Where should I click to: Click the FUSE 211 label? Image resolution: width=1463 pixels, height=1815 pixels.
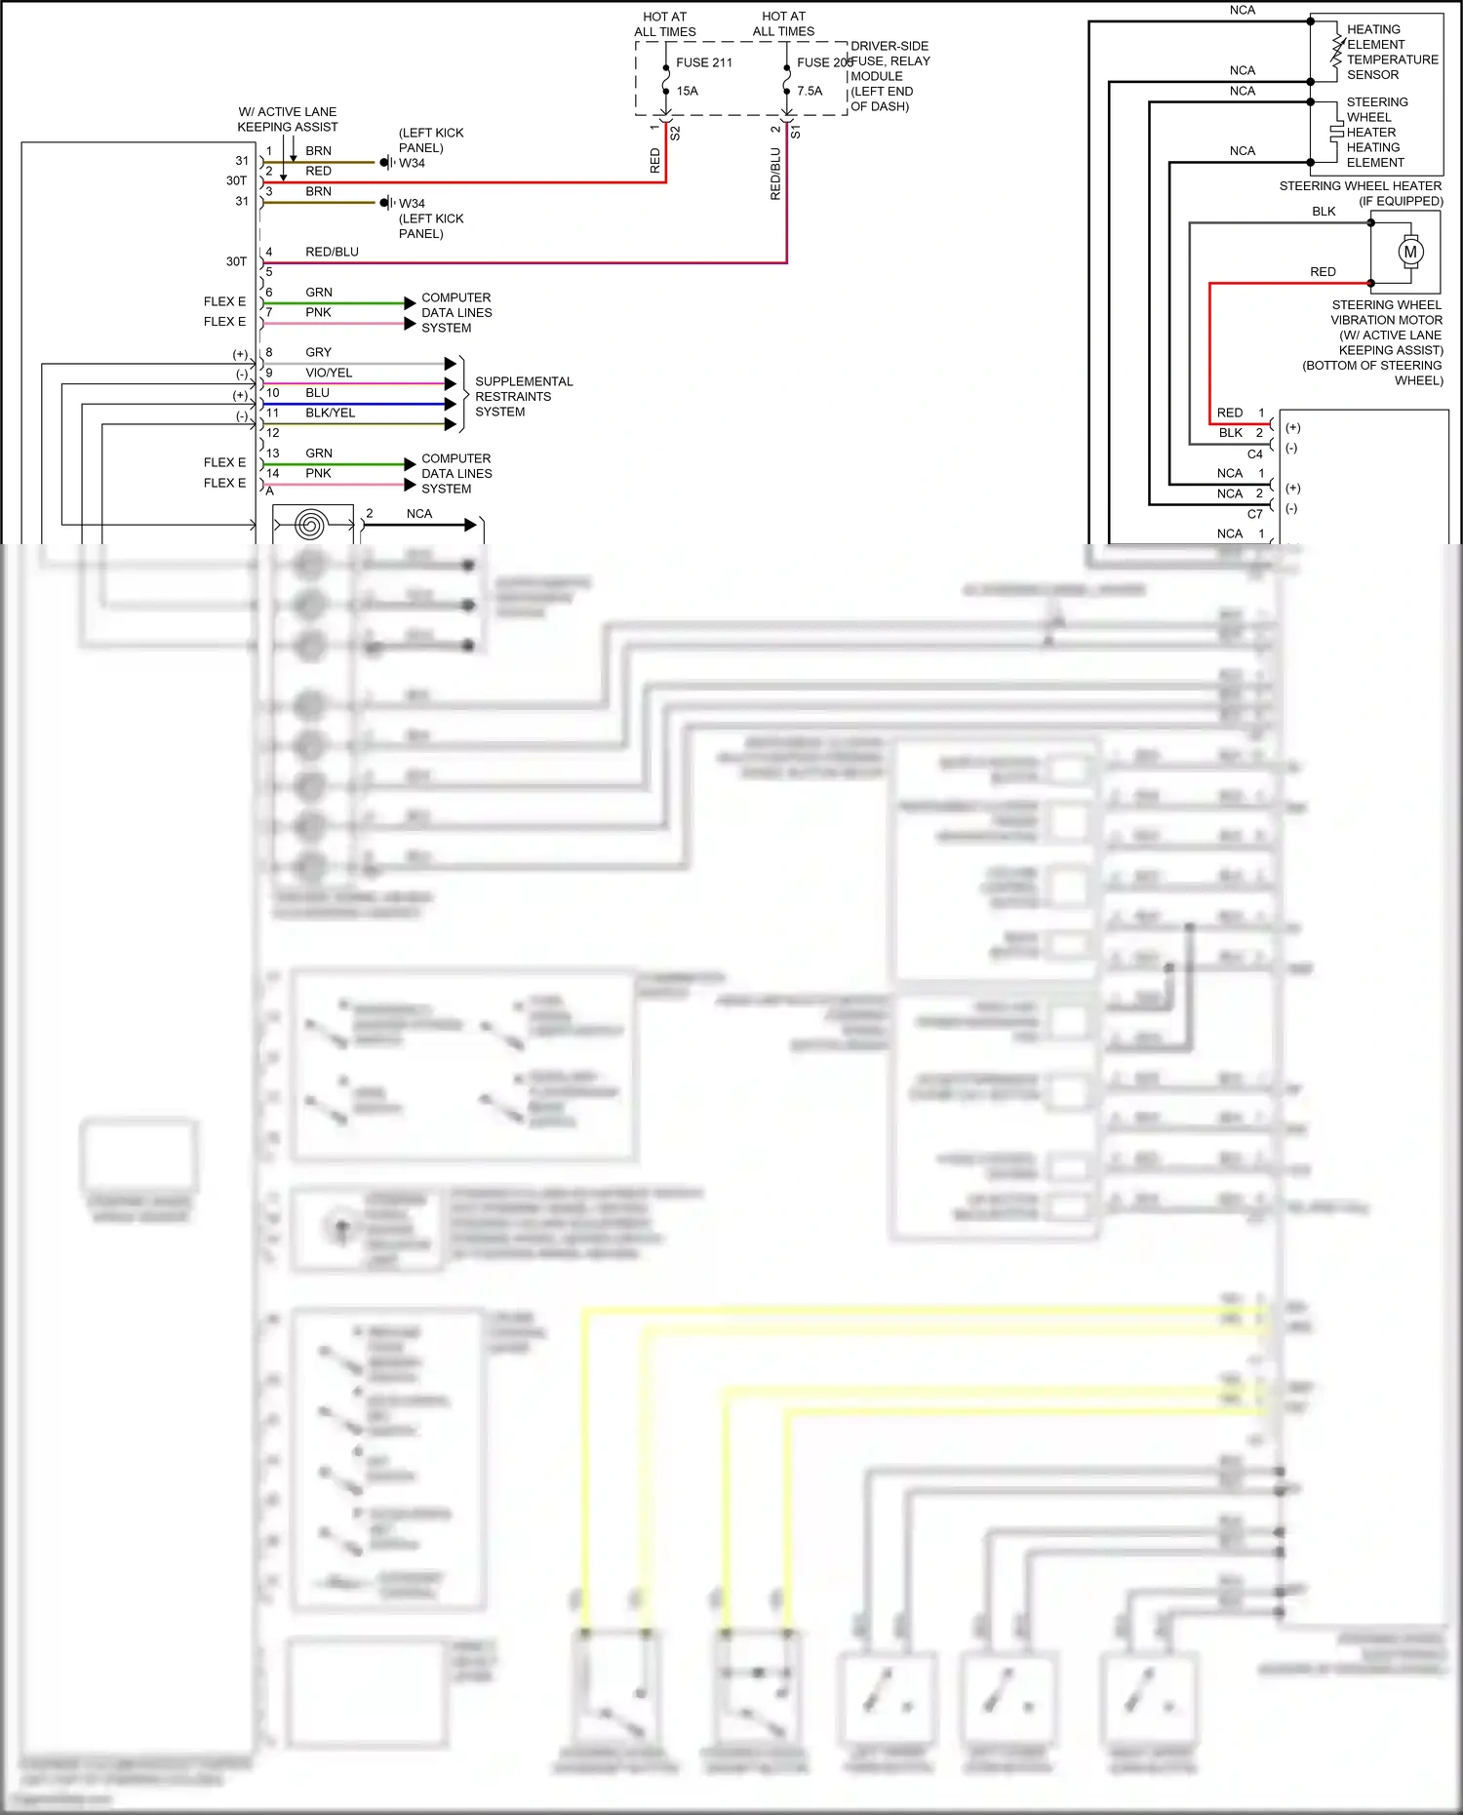[x=703, y=62]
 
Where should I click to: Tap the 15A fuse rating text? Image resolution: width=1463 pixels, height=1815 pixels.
[x=687, y=91]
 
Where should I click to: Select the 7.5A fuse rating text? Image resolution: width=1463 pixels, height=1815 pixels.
[x=809, y=91]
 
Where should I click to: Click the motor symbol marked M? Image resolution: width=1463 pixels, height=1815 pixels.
[x=1409, y=252]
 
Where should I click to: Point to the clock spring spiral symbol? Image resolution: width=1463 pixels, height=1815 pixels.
[x=310, y=526]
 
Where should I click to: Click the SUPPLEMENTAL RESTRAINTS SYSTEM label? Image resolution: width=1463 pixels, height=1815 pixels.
[x=523, y=396]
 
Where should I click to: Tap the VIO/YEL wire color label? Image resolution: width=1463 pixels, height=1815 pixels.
[x=329, y=373]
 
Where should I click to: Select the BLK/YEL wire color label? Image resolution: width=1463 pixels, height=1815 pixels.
[x=330, y=413]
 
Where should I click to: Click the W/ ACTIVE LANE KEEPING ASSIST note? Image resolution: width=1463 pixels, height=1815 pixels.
[x=287, y=119]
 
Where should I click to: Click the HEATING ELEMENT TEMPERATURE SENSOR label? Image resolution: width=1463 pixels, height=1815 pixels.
[x=1391, y=52]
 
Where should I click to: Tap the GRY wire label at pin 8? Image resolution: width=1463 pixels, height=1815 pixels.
[x=318, y=352]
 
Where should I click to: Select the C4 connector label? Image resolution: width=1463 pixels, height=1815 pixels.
[x=1254, y=454]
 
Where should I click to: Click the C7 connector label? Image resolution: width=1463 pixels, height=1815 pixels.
[x=1254, y=514]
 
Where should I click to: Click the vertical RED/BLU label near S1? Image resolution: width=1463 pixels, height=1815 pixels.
[x=775, y=174]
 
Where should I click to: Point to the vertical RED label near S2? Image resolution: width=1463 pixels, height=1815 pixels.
[x=654, y=161]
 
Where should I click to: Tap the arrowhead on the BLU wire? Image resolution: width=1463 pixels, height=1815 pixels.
[x=450, y=404]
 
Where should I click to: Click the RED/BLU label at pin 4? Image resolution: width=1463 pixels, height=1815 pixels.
[x=332, y=252]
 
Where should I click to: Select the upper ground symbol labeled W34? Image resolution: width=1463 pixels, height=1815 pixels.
[x=386, y=163]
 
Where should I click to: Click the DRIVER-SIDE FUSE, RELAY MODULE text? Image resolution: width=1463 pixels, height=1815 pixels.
[x=889, y=76]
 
